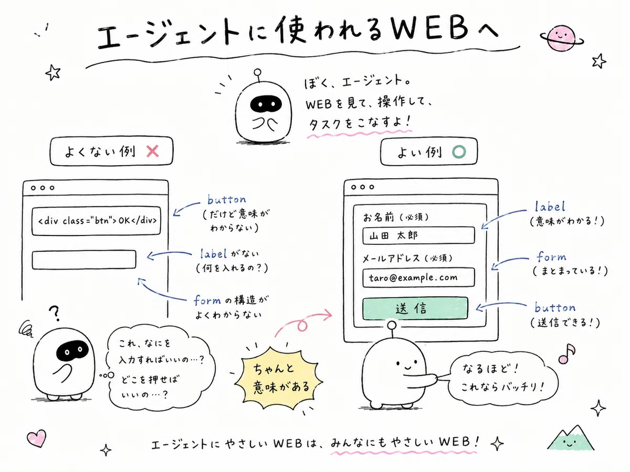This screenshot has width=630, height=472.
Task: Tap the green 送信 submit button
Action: [415, 308]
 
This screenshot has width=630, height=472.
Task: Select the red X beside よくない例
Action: [152, 151]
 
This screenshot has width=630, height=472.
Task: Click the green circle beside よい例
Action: [459, 152]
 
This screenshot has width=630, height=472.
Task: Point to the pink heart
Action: [37, 438]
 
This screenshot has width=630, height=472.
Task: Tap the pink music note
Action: [566, 353]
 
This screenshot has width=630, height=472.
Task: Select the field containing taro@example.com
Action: [418, 277]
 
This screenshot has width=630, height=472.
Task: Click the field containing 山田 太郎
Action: [418, 235]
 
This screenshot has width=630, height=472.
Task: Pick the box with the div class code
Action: [97, 221]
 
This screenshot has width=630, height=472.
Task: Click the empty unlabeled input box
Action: [84, 260]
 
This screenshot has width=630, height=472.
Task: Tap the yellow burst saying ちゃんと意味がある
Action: [279, 378]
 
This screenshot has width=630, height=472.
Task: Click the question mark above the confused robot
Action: [55, 313]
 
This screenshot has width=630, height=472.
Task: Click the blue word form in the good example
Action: [551, 256]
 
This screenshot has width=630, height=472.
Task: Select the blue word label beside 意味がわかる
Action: [550, 206]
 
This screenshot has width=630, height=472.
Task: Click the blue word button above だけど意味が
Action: [227, 199]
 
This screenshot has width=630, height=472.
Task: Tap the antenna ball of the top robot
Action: [257, 72]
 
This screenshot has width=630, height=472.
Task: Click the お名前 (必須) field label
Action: [396, 217]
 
